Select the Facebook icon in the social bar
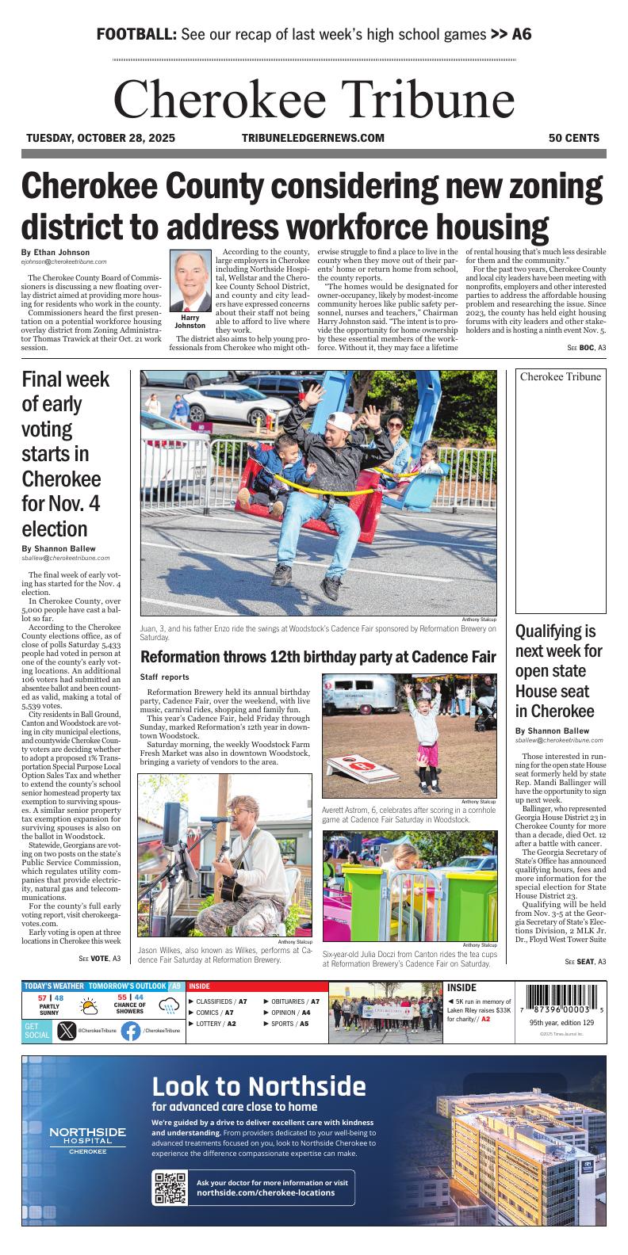click(x=131, y=1031)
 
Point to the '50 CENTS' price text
click(x=574, y=138)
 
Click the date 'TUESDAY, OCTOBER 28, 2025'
click(x=101, y=138)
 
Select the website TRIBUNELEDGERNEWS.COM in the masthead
click(x=312, y=138)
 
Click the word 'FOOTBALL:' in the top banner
click(x=136, y=35)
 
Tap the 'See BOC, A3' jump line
click(x=586, y=348)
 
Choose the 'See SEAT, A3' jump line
click(x=585, y=961)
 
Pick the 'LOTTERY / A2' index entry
click(x=211, y=1024)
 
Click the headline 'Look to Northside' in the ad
click(x=258, y=1086)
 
